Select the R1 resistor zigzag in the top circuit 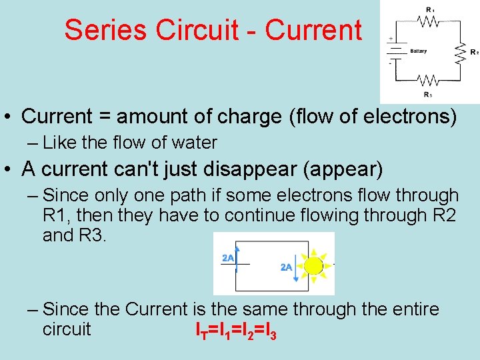(x=428, y=21)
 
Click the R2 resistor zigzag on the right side (x=460, y=51)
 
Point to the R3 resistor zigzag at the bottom (x=428, y=81)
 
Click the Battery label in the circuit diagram (x=418, y=51)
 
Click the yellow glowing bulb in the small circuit (x=313, y=265)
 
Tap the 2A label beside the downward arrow (x=287, y=267)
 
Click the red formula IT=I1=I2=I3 (x=235, y=329)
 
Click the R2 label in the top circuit (x=473, y=51)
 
